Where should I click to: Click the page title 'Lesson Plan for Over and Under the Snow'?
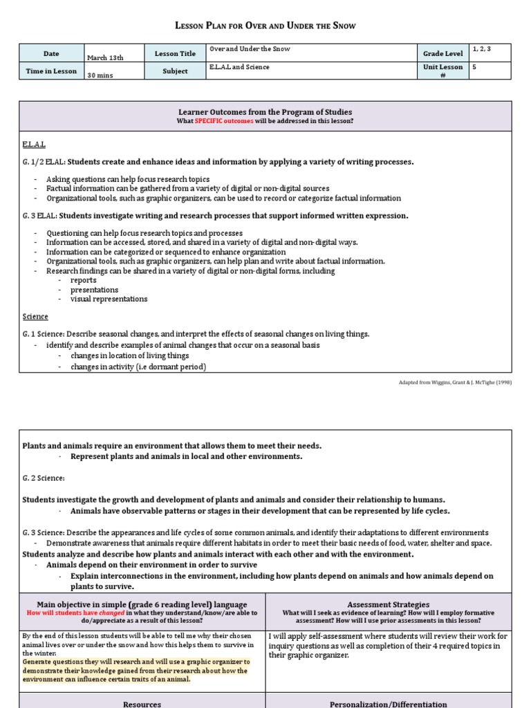pos(265,26)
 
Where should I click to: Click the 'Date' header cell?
pos(51,53)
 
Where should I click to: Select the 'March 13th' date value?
pos(105,58)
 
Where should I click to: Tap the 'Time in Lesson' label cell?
pos(51,71)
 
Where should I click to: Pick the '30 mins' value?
pos(101,76)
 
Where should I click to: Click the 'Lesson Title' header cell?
pos(175,53)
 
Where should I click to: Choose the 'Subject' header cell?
pos(175,71)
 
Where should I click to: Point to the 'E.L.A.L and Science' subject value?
pos(239,67)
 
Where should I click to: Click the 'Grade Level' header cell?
pos(442,53)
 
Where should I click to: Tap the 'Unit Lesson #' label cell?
pos(442,72)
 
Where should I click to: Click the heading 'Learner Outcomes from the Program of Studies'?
pos(265,112)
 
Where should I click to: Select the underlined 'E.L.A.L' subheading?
pos(34,145)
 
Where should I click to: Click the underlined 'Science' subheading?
pos(35,317)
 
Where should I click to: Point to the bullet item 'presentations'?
pos(94,290)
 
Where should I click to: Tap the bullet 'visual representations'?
pos(109,299)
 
